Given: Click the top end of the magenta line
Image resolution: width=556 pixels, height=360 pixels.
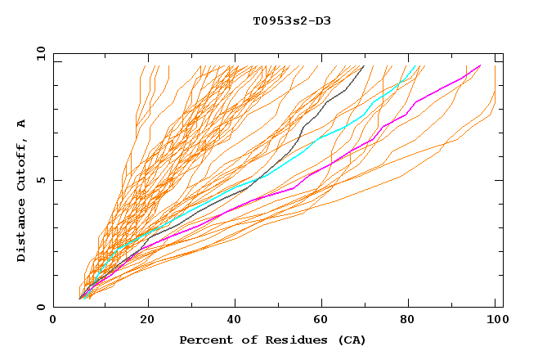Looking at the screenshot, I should [x=480, y=65].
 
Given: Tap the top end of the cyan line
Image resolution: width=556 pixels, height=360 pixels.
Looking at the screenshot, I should [x=416, y=65].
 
